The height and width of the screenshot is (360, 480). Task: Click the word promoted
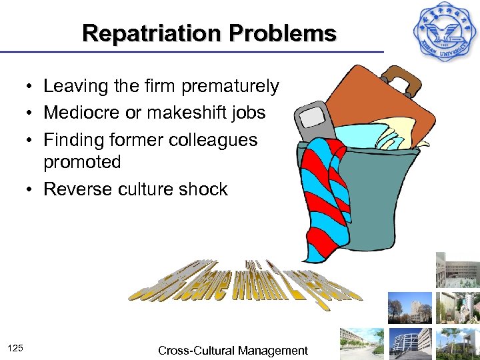coord(82,162)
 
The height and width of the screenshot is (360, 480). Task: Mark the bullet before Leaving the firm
coord(31,87)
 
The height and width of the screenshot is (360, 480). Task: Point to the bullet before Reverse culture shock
coord(31,190)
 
